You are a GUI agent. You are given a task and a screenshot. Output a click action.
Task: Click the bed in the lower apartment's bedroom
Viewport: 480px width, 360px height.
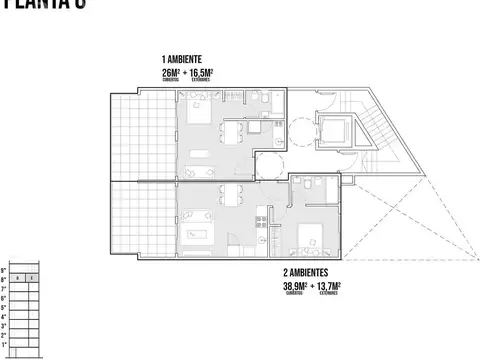(310, 237)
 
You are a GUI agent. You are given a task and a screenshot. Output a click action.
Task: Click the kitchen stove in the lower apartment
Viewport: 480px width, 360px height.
(260, 220)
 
